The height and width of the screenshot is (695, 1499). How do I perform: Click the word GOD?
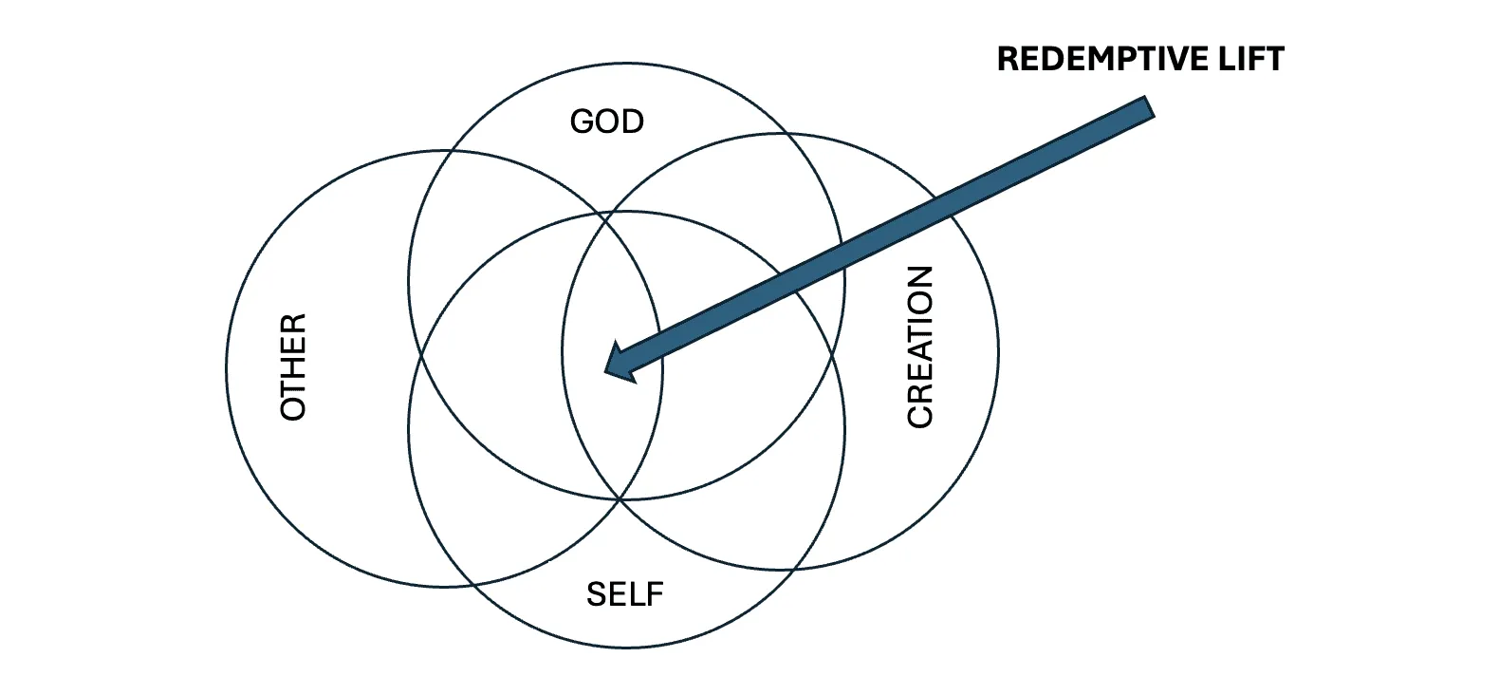[x=606, y=122]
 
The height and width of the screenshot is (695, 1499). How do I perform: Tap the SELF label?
[x=624, y=594]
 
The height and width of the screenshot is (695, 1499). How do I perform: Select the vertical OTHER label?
[x=294, y=366]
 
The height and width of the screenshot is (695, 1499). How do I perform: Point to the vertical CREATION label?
[x=920, y=347]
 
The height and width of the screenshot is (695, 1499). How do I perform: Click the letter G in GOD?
[x=582, y=122]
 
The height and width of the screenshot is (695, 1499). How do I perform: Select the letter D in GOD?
[x=633, y=122]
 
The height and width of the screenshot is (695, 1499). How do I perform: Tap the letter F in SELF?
[x=654, y=594]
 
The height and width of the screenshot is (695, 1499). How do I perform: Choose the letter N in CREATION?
[x=920, y=278]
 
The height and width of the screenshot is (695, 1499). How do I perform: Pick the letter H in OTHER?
[x=294, y=366]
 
